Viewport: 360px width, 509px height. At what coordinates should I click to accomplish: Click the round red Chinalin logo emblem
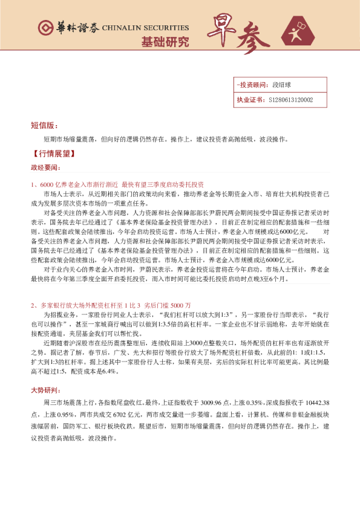click(x=44, y=28)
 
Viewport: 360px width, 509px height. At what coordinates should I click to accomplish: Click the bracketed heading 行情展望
click(x=53, y=154)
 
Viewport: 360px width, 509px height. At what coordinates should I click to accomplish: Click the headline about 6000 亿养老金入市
click(x=117, y=183)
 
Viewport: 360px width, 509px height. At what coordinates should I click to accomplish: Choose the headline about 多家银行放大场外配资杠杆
click(x=111, y=305)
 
